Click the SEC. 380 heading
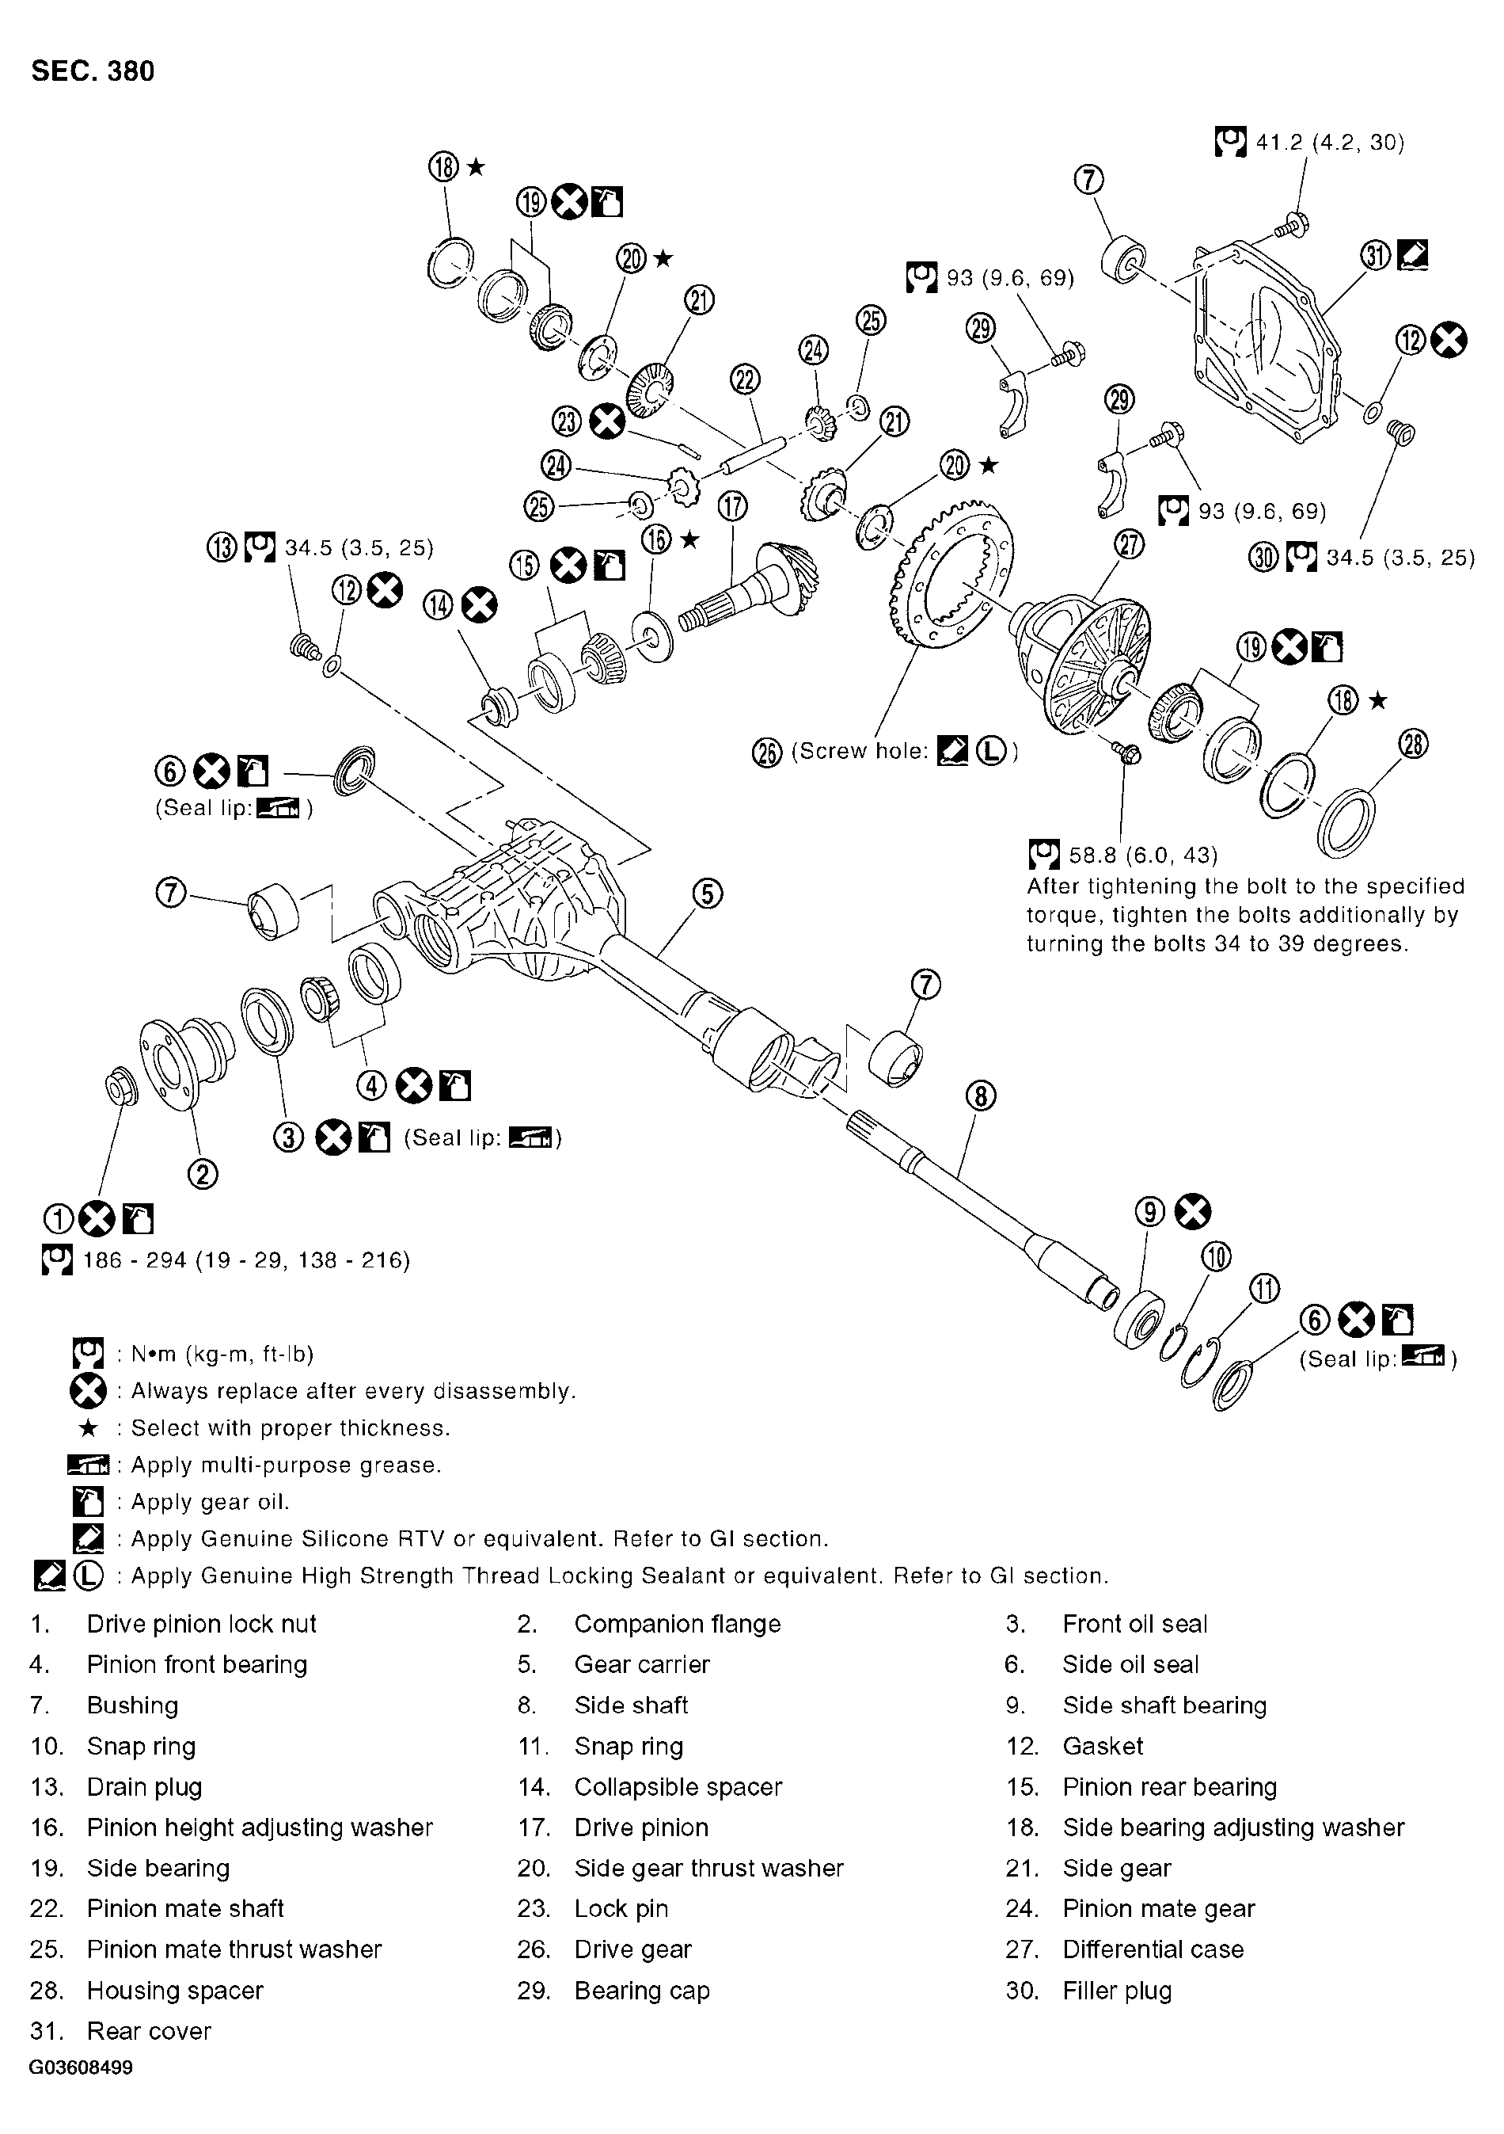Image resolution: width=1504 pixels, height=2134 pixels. pos(93,71)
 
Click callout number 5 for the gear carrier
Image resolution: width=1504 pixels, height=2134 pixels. pos(707,894)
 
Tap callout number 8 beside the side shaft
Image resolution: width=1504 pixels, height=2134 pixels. pos(981,1097)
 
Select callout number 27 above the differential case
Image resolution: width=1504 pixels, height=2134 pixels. pos(1129,545)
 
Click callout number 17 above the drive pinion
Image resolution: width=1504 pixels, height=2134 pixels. pos(733,506)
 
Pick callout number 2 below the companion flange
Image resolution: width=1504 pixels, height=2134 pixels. pos(203,1175)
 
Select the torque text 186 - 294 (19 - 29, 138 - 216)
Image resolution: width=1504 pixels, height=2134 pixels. pos(246,1260)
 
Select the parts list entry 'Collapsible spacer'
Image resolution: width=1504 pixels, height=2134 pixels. pos(678,1787)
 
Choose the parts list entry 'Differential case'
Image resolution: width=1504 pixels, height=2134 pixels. pos(1152,1949)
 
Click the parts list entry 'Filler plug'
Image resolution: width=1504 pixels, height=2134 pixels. pos(1117,1990)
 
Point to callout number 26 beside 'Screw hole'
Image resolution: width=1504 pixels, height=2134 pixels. pos(766,752)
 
